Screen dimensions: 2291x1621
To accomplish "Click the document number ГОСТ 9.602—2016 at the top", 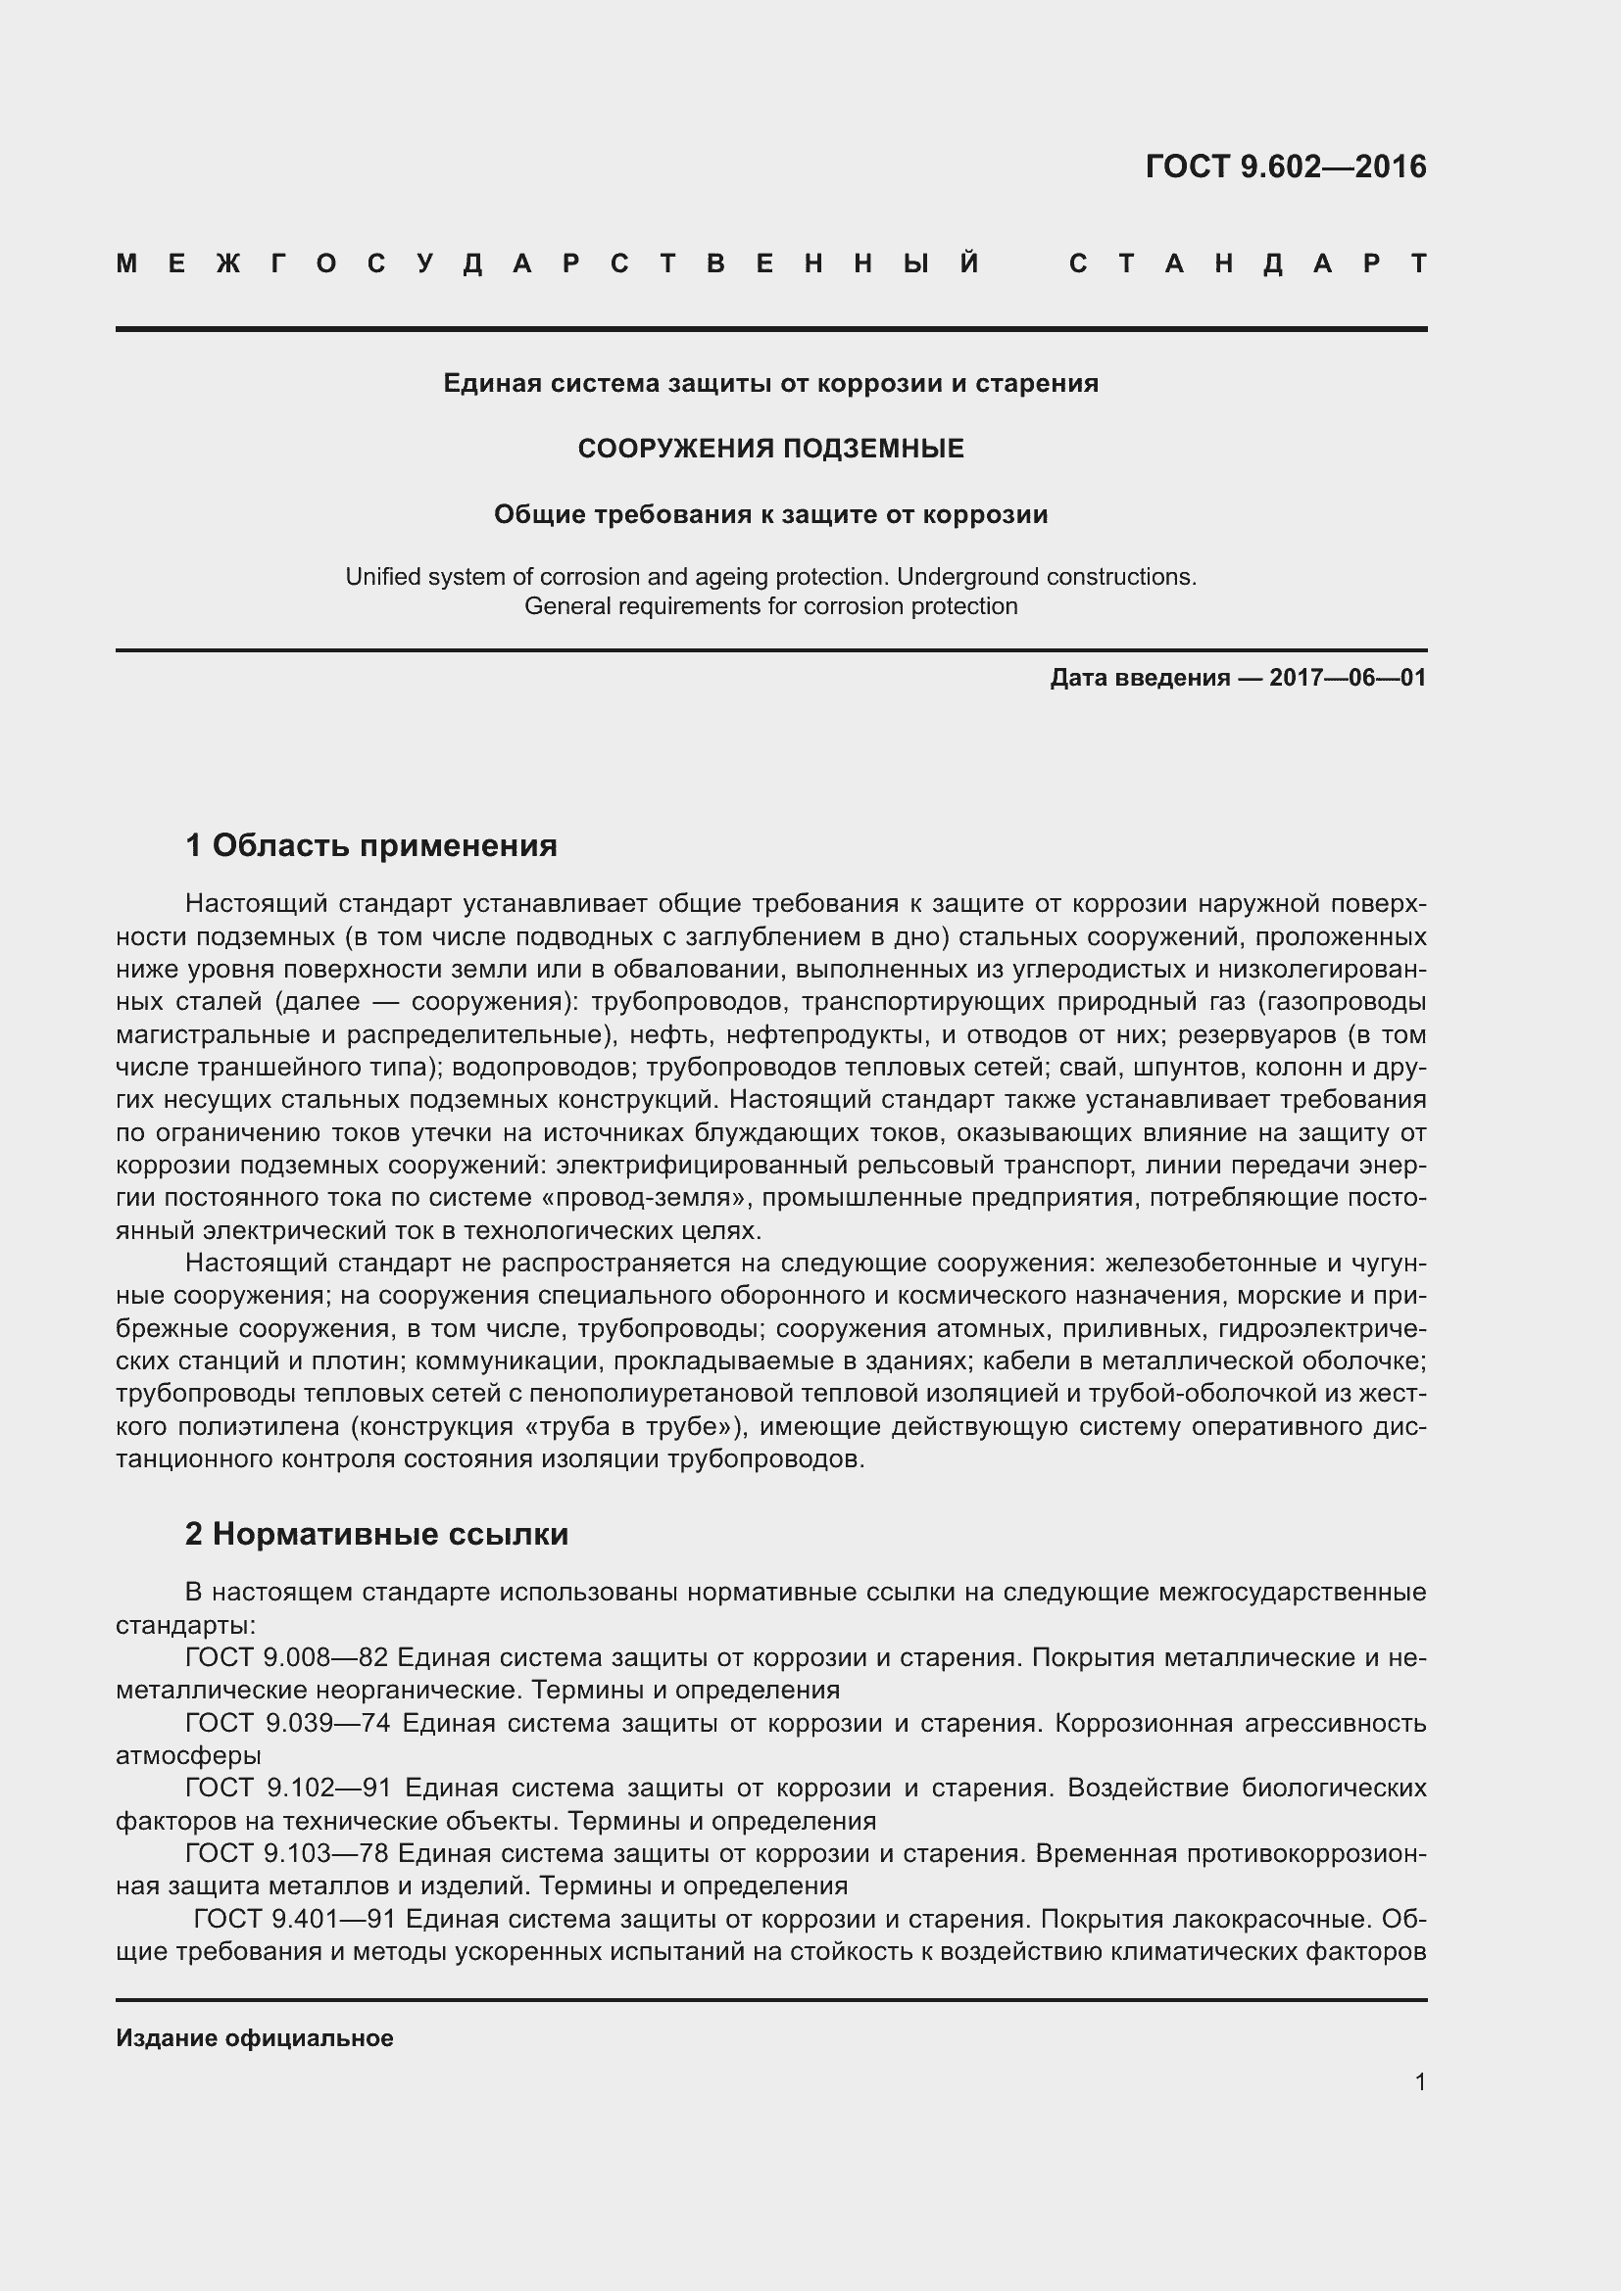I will click(x=1286, y=167).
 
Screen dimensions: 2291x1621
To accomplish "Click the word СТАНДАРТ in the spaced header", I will click(x=1248, y=264).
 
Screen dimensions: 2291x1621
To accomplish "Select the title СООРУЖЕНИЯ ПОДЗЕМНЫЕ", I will click(x=770, y=449).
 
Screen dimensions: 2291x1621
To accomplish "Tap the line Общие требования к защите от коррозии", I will click(x=770, y=515).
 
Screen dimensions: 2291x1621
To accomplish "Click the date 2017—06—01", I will click(x=1348, y=679).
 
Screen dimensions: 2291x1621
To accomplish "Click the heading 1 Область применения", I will click(x=371, y=846).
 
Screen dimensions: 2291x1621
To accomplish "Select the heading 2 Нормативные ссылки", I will click(x=376, y=1535).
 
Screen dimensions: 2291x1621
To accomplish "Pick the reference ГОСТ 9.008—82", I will click(x=286, y=1657).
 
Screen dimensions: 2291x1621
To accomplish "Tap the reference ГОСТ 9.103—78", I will click(x=286, y=1853).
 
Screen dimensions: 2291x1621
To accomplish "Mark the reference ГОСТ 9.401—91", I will click(x=295, y=1919).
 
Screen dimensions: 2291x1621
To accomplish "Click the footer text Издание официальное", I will click(x=255, y=2038).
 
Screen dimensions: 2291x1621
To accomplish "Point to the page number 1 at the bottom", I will click(x=1420, y=2082).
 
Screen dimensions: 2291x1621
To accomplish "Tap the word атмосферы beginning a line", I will click(x=188, y=1755).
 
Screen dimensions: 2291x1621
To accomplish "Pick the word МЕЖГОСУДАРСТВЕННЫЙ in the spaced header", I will click(x=549, y=264).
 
